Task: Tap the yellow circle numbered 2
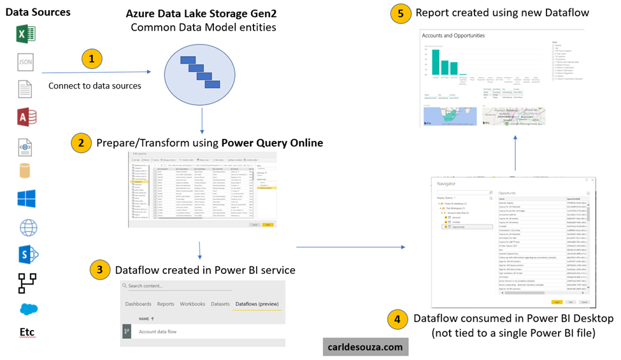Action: pos(82,143)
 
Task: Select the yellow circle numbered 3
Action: pos(100,270)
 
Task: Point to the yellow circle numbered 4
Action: pos(399,318)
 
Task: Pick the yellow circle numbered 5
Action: pos(400,13)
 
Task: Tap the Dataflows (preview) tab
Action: pos(257,304)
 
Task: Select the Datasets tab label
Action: pos(220,304)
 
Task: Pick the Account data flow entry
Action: pos(157,331)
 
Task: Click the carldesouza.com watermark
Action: pos(365,347)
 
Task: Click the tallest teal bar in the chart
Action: pos(437,64)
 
